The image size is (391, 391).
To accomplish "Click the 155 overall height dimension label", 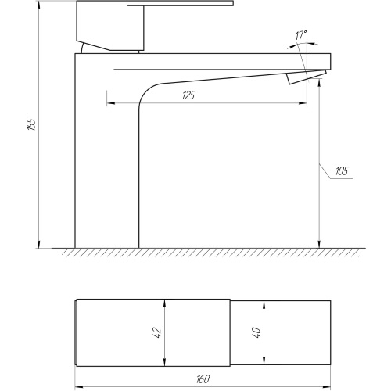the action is coord(31,124).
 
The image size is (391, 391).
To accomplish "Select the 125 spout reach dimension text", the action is coord(188,95).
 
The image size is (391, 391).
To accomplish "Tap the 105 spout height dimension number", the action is coord(342,171).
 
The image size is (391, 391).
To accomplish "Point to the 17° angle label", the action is coord(301,35).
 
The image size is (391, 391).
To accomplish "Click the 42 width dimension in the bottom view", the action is coord(158,333).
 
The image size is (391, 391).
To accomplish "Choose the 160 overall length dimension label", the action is coord(203,378).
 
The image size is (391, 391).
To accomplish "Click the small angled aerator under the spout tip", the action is coord(306,77).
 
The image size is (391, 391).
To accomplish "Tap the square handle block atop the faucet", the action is coord(110,26).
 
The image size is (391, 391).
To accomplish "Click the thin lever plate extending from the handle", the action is coord(181,3).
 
